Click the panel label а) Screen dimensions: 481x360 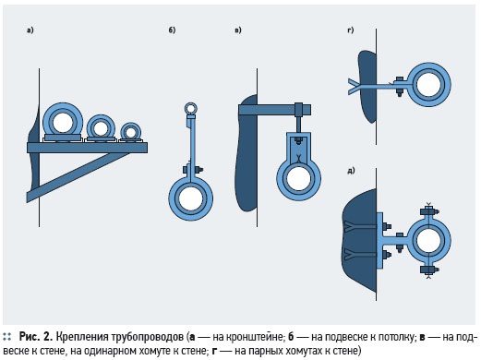tap(30, 30)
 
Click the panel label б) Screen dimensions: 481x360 tap(172, 30)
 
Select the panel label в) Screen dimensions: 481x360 tap(238, 30)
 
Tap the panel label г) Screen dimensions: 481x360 tap(350, 30)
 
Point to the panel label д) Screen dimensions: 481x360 tap(351, 170)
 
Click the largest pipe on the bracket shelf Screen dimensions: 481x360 tap(63, 122)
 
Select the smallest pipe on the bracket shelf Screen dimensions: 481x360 tap(131, 133)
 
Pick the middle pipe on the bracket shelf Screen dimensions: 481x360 tap(101, 128)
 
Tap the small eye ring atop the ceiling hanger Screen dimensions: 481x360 tap(191, 108)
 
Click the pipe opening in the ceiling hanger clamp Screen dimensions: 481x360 tap(191, 198)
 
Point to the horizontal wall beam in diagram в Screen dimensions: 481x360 tap(274, 110)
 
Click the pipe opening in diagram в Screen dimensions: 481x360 tap(298, 178)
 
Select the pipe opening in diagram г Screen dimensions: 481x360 tap(428, 85)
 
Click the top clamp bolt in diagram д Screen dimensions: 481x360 tap(429, 211)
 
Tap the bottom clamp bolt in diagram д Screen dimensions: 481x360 tap(429, 270)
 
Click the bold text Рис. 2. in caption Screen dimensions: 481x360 tap(35, 337)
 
